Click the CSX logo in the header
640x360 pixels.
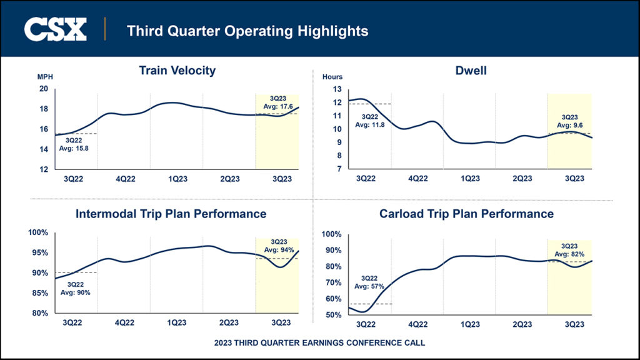click(x=55, y=29)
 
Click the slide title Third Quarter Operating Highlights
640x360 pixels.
click(x=247, y=30)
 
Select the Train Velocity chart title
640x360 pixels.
click(x=177, y=70)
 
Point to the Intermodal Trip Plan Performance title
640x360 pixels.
click(x=171, y=214)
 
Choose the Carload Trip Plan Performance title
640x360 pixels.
click(x=466, y=214)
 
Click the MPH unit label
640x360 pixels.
click(x=45, y=77)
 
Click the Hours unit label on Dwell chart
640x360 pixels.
click(x=332, y=77)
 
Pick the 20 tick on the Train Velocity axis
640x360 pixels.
click(x=44, y=89)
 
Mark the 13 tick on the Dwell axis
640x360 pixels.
click(x=338, y=89)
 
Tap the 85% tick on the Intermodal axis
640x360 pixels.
click(x=39, y=293)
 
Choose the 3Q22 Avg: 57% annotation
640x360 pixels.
click(x=368, y=282)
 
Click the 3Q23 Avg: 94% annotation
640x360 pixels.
click(x=278, y=246)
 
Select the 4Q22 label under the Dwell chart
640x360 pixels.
click(x=417, y=178)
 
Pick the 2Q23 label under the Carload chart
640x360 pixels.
click(x=522, y=324)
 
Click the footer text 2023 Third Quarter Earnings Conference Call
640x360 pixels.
click(x=319, y=343)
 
